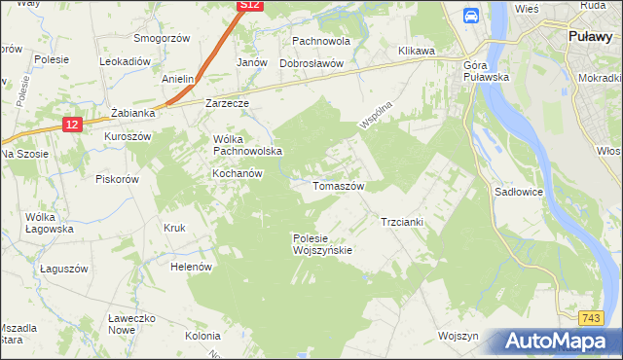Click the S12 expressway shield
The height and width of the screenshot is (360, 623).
(x=250, y=6)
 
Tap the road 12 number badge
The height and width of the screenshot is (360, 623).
(x=72, y=125)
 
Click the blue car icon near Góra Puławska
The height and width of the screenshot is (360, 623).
(x=471, y=16)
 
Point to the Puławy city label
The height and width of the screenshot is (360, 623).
(x=590, y=36)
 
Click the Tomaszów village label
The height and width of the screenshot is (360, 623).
(x=338, y=185)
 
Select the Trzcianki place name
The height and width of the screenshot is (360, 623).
(x=401, y=222)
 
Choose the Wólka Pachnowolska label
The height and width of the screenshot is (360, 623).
(x=247, y=145)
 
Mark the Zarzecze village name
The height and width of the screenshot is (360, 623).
(x=228, y=102)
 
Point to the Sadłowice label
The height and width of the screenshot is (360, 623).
(x=518, y=193)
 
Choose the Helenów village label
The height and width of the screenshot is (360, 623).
(x=191, y=266)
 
